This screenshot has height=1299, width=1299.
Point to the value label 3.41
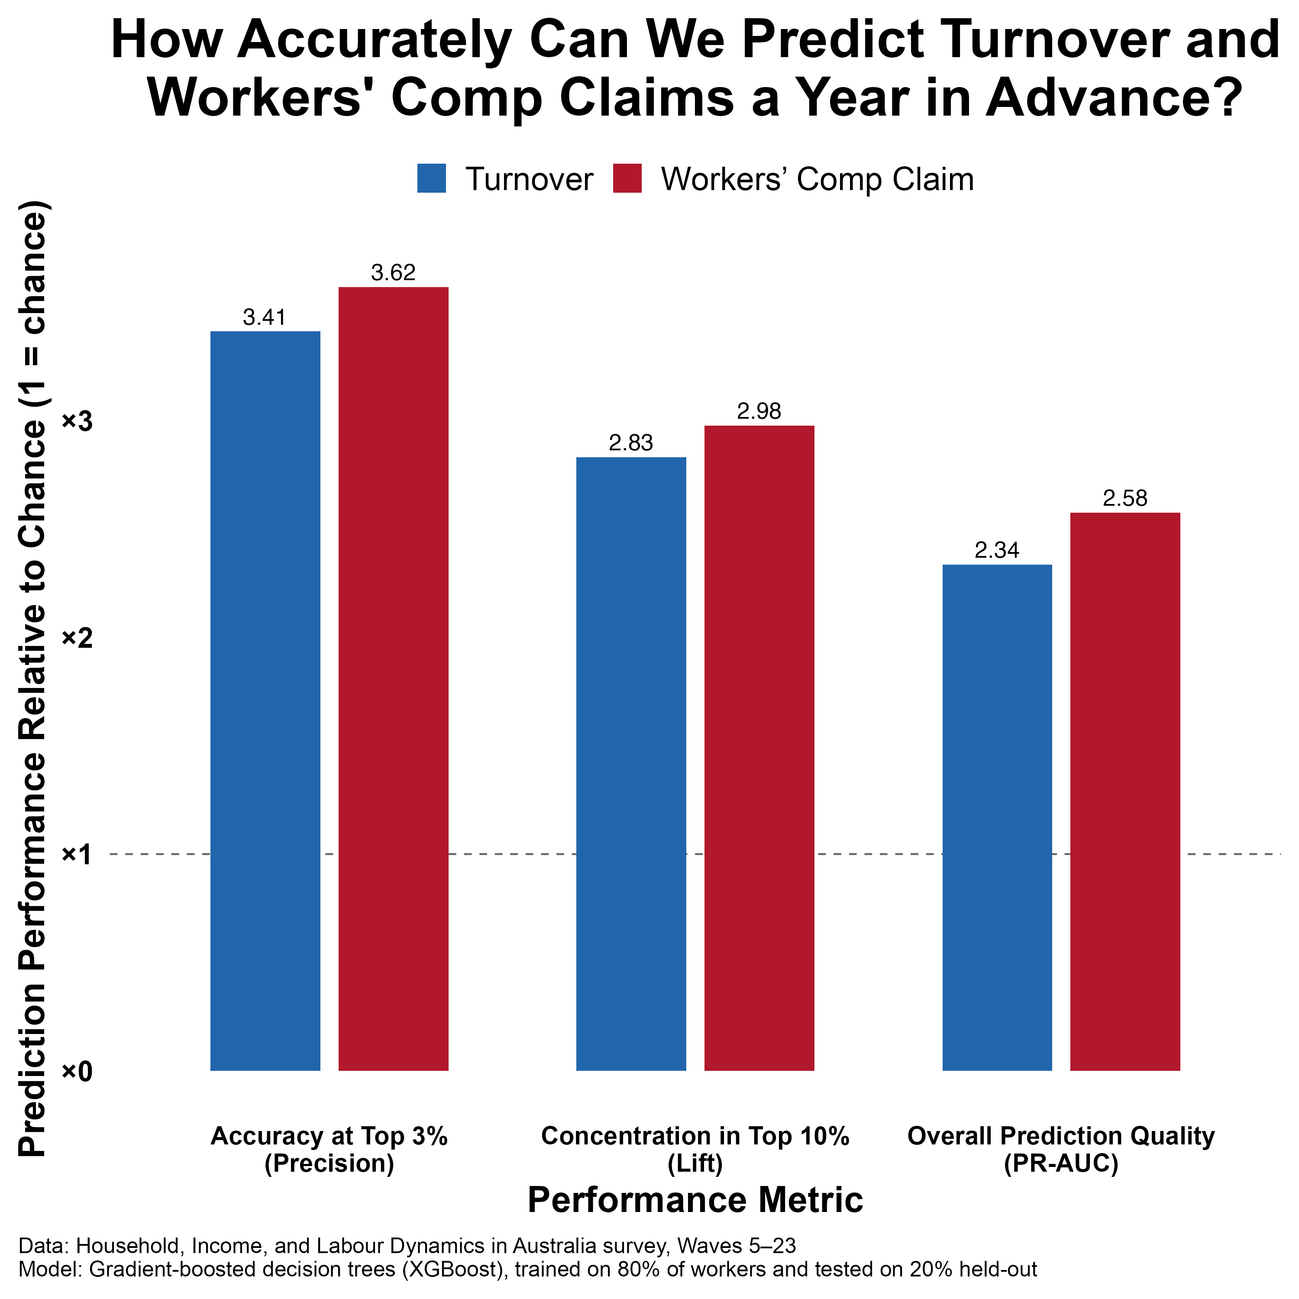(265, 317)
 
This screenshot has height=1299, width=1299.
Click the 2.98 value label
(759, 411)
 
